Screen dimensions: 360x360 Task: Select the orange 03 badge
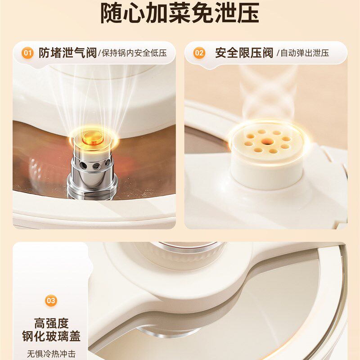pyautogui.click(x=51, y=300)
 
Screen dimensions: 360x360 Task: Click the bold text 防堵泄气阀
pyautogui.click(x=67, y=53)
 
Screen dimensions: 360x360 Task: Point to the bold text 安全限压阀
pyautogui.click(x=244, y=53)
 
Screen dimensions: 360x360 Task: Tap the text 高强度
pyautogui.click(x=51, y=323)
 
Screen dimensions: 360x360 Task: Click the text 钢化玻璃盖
pyautogui.click(x=51, y=337)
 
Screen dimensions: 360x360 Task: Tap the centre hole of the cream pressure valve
pyautogui.click(x=267, y=140)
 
